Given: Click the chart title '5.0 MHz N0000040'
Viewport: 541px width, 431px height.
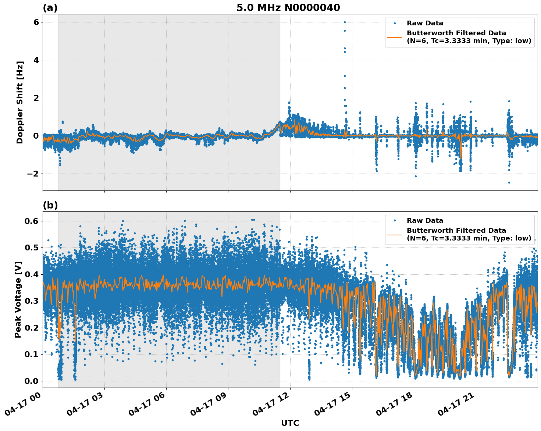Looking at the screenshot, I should click(288, 8).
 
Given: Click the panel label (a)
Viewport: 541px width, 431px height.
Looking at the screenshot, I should click(50, 8).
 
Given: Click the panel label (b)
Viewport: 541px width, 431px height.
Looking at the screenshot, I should click(50, 205).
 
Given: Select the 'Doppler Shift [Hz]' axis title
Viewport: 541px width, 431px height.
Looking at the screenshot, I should click(20, 102).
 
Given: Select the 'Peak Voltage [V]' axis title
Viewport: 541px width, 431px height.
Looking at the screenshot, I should click(18, 299).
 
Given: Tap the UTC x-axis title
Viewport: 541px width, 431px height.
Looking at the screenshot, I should click(290, 423).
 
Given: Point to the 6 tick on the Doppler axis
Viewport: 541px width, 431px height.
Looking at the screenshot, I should click(36, 22).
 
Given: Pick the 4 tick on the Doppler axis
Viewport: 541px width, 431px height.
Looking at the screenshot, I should click(36, 60).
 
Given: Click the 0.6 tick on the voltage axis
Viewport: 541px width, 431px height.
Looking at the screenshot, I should click(32, 221).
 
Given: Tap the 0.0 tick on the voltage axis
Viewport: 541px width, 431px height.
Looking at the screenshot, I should click(32, 381).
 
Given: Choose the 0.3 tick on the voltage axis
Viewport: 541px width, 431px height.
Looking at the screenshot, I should click(32, 301).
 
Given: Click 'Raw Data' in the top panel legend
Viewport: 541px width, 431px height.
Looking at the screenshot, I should click(425, 23).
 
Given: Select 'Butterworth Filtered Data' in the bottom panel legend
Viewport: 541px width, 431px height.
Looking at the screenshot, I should click(456, 231).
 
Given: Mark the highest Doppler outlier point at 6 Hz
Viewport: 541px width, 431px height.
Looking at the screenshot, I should click(345, 22).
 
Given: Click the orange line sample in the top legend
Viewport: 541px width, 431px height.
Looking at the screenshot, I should click(394, 37).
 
